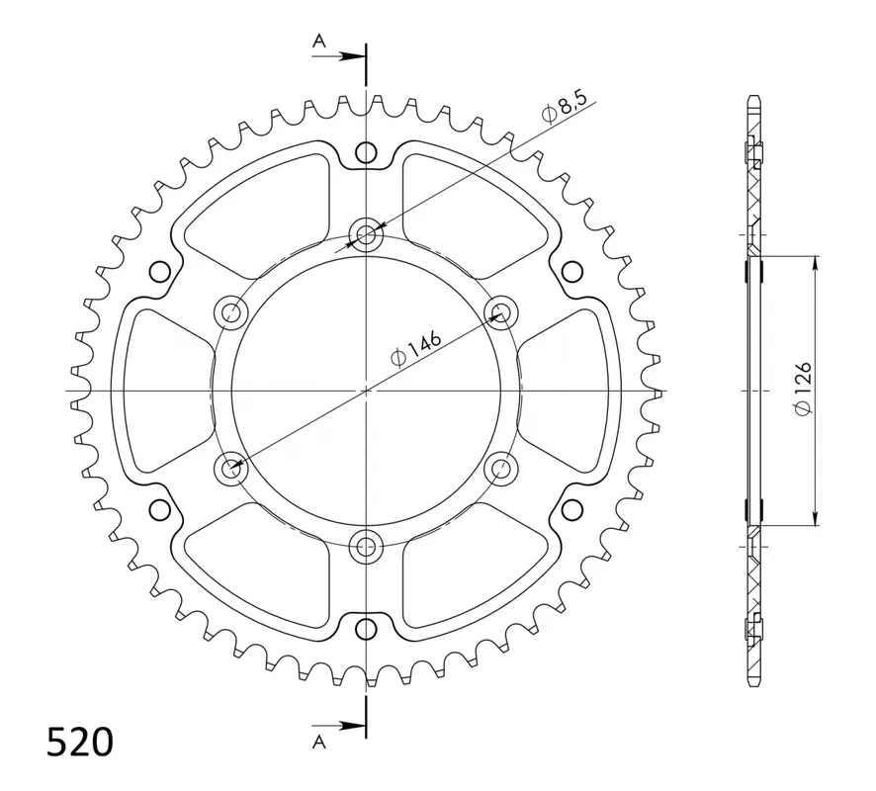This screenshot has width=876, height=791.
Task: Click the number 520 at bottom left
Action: [80, 743]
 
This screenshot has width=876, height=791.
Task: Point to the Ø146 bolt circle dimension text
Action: [416, 349]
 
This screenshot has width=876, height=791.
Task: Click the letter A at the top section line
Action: [318, 41]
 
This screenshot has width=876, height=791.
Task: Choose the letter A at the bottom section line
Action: [318, 742]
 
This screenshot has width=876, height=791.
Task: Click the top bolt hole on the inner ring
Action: [366, 234]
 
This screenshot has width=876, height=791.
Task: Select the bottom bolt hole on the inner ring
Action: [366, 547]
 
